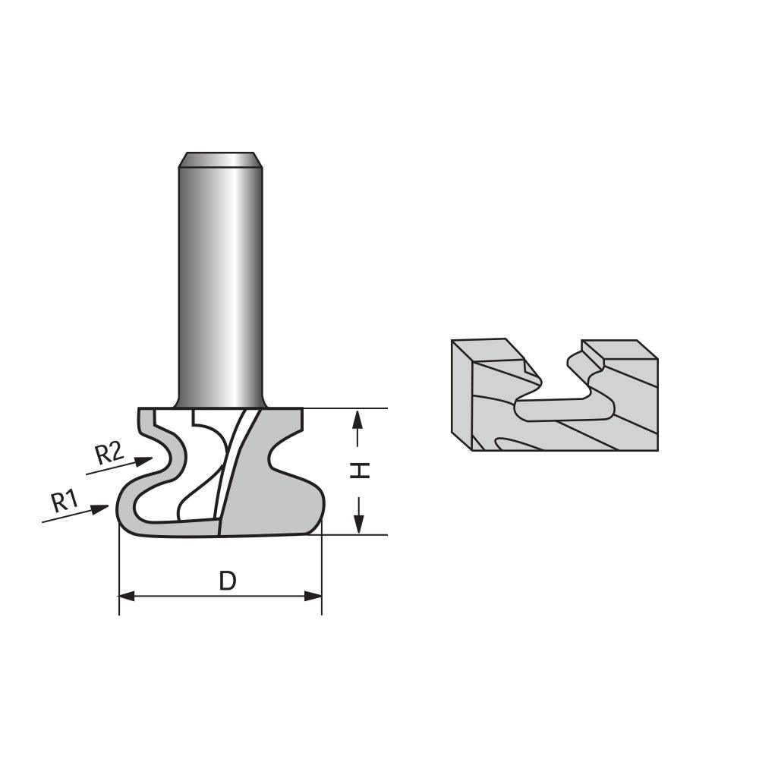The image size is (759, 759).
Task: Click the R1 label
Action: [65, 501]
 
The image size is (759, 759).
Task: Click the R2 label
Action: [109, 454]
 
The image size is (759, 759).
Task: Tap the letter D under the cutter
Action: [228, 581]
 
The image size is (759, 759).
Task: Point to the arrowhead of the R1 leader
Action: [102, 509]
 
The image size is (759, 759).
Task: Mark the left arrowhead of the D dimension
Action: [128, 597]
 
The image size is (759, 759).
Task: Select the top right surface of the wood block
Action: [619, 349]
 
